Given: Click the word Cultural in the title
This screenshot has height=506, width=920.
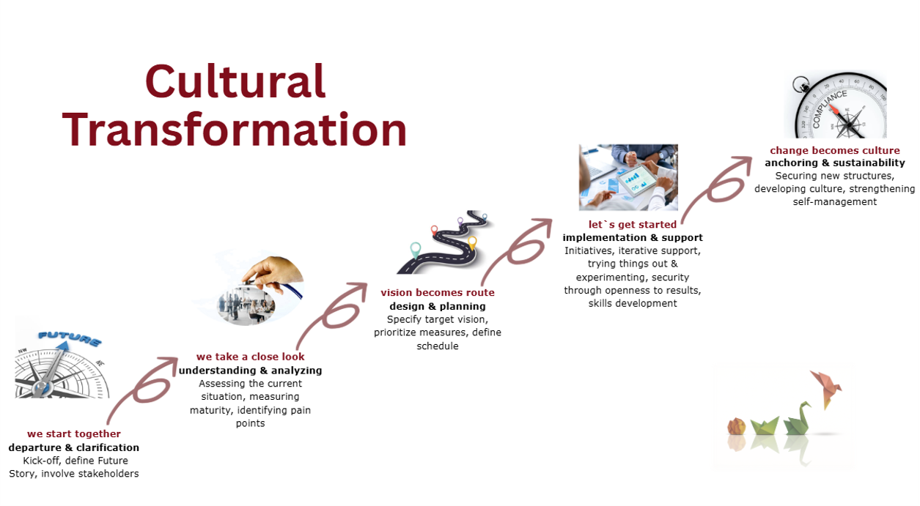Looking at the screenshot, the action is pos(236,81).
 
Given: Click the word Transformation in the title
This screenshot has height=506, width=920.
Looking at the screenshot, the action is pos(235,130).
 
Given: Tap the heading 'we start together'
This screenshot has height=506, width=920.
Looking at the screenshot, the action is pos(74,434).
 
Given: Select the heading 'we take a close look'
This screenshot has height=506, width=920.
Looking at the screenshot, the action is pos(250,357).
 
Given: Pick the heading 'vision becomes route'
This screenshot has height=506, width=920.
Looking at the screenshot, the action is pos(438,293).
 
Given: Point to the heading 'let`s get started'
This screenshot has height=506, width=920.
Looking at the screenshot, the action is pos(633,225).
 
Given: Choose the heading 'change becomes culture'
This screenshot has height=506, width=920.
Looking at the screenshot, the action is pos(834,150).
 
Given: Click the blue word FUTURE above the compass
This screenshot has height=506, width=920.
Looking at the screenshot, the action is pos(70,338).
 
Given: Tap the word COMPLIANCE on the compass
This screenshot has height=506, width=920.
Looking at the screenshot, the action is pos(830,109).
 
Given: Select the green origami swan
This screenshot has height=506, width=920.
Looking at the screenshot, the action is pos(798,419).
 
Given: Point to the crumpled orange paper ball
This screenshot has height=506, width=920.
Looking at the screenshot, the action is pos(737,426).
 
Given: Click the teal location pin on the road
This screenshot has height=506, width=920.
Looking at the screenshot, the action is pos(416,250).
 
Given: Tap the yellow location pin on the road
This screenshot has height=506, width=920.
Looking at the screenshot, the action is pos(472,242).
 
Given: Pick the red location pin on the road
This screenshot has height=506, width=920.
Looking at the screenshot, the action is pos(434,230).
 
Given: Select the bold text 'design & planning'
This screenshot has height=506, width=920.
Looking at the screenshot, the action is pos(438,306).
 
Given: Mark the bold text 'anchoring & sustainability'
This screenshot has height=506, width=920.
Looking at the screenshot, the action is pos(834,163).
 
